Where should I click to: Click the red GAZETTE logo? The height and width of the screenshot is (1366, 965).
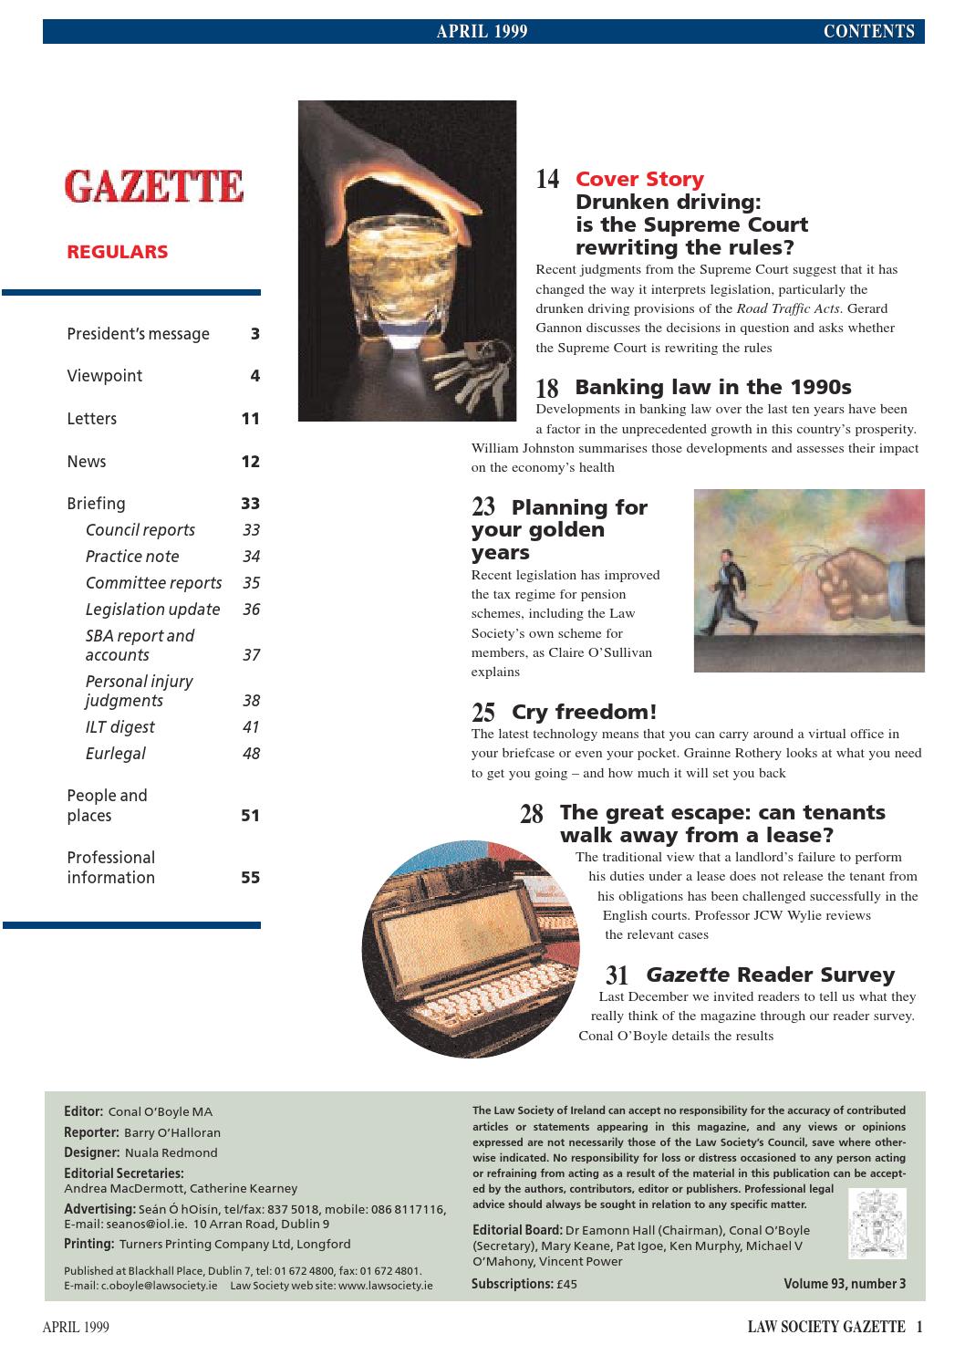(154, 186)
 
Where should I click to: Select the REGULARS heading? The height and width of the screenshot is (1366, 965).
(118, 252)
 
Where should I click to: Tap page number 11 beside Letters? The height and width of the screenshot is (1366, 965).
(251, 419)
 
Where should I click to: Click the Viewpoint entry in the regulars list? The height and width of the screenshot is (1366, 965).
(105, 376)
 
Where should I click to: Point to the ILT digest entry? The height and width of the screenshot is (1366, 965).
(120, 727)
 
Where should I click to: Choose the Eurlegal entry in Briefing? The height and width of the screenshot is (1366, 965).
(116, 754)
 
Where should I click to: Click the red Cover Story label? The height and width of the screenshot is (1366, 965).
(639, 179)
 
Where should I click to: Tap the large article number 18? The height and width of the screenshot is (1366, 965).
(547, 388)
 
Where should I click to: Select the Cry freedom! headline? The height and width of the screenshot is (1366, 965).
(584, 712)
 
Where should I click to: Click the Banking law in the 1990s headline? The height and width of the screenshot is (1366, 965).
(712, 387)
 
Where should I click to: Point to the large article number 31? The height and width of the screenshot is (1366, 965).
(617, 975)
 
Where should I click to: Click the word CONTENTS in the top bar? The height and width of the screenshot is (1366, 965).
(868, 32)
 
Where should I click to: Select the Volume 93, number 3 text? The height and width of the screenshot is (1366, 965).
(845, 1284)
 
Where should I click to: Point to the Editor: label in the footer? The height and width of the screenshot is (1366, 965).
(83, 1111)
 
